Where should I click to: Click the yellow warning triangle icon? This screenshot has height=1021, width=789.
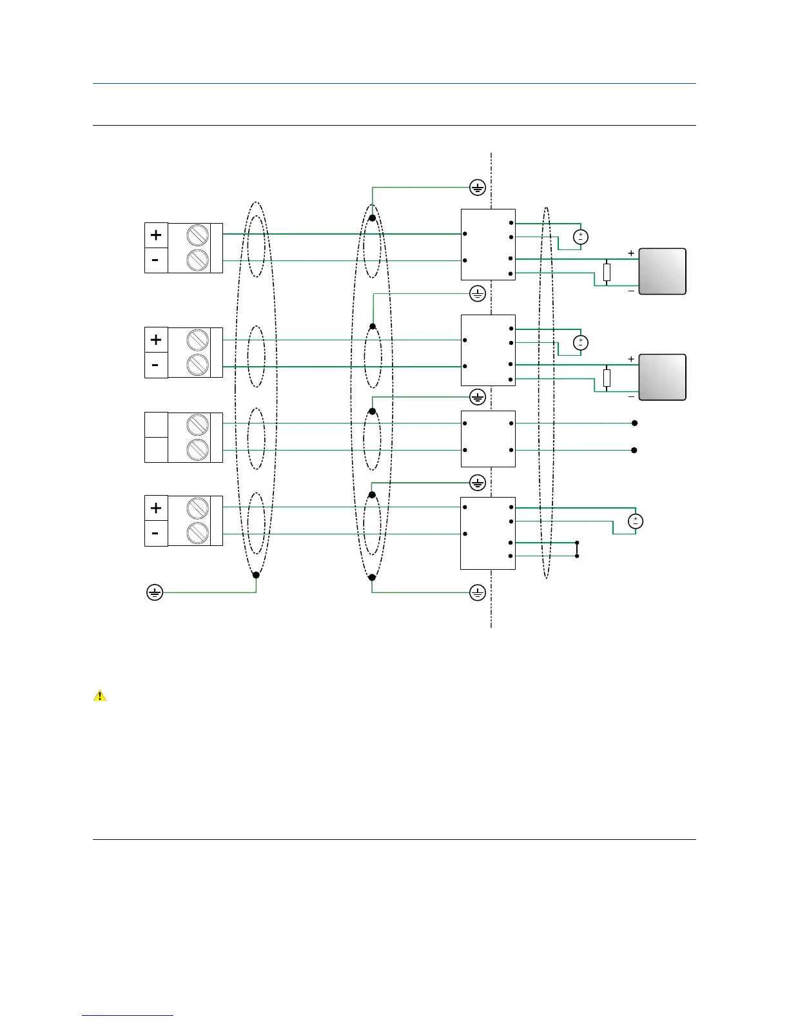pyautogui.click(x=100, y=696)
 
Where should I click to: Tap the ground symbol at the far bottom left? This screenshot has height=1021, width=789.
pyautogui.click(x=155, y=592)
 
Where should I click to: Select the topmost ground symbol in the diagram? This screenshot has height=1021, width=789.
pyautogui.click(x=477, y=188)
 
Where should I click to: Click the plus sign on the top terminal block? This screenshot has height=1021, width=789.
pyautogui.click(x=156, y=235)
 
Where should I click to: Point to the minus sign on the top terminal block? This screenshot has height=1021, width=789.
pyautogui.click(x=156, y=260)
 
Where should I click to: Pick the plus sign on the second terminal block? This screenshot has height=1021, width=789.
pyautogui.click(x=156, y=340)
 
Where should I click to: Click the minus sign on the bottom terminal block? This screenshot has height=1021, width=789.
pyautogui.click(x=156, y=534)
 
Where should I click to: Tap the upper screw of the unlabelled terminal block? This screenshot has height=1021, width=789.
pyautogui.click(x=197, y=425)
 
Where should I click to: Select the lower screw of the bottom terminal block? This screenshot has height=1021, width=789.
pyautogui.click(x=197, y=533)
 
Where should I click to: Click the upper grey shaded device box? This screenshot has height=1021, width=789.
pyautogui.click(x=662, y=271)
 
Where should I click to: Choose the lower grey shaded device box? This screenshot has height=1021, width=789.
pyautogui.click(x=662, y=377)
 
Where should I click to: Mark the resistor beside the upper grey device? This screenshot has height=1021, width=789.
pyautogui.click(x=607, y=272)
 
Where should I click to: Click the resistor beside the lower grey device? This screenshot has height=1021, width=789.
pyautogui.click(x=607, y=378)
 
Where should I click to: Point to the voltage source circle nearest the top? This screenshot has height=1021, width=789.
pyautogui.click(x=581, y=237)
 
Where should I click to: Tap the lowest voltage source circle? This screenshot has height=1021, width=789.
pyautogui.click(x=636, y=521)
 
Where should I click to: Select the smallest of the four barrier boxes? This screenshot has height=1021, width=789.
pyautogui.click(x=488, y=438)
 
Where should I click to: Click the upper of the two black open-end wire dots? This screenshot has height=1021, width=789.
pyautogui.click(x=634, y=423)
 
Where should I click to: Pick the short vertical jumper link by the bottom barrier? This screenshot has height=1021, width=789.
pyautogui.click(x=577, y=549)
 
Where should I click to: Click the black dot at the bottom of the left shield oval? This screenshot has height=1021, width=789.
pyautogui.click(x=256, y=575)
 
